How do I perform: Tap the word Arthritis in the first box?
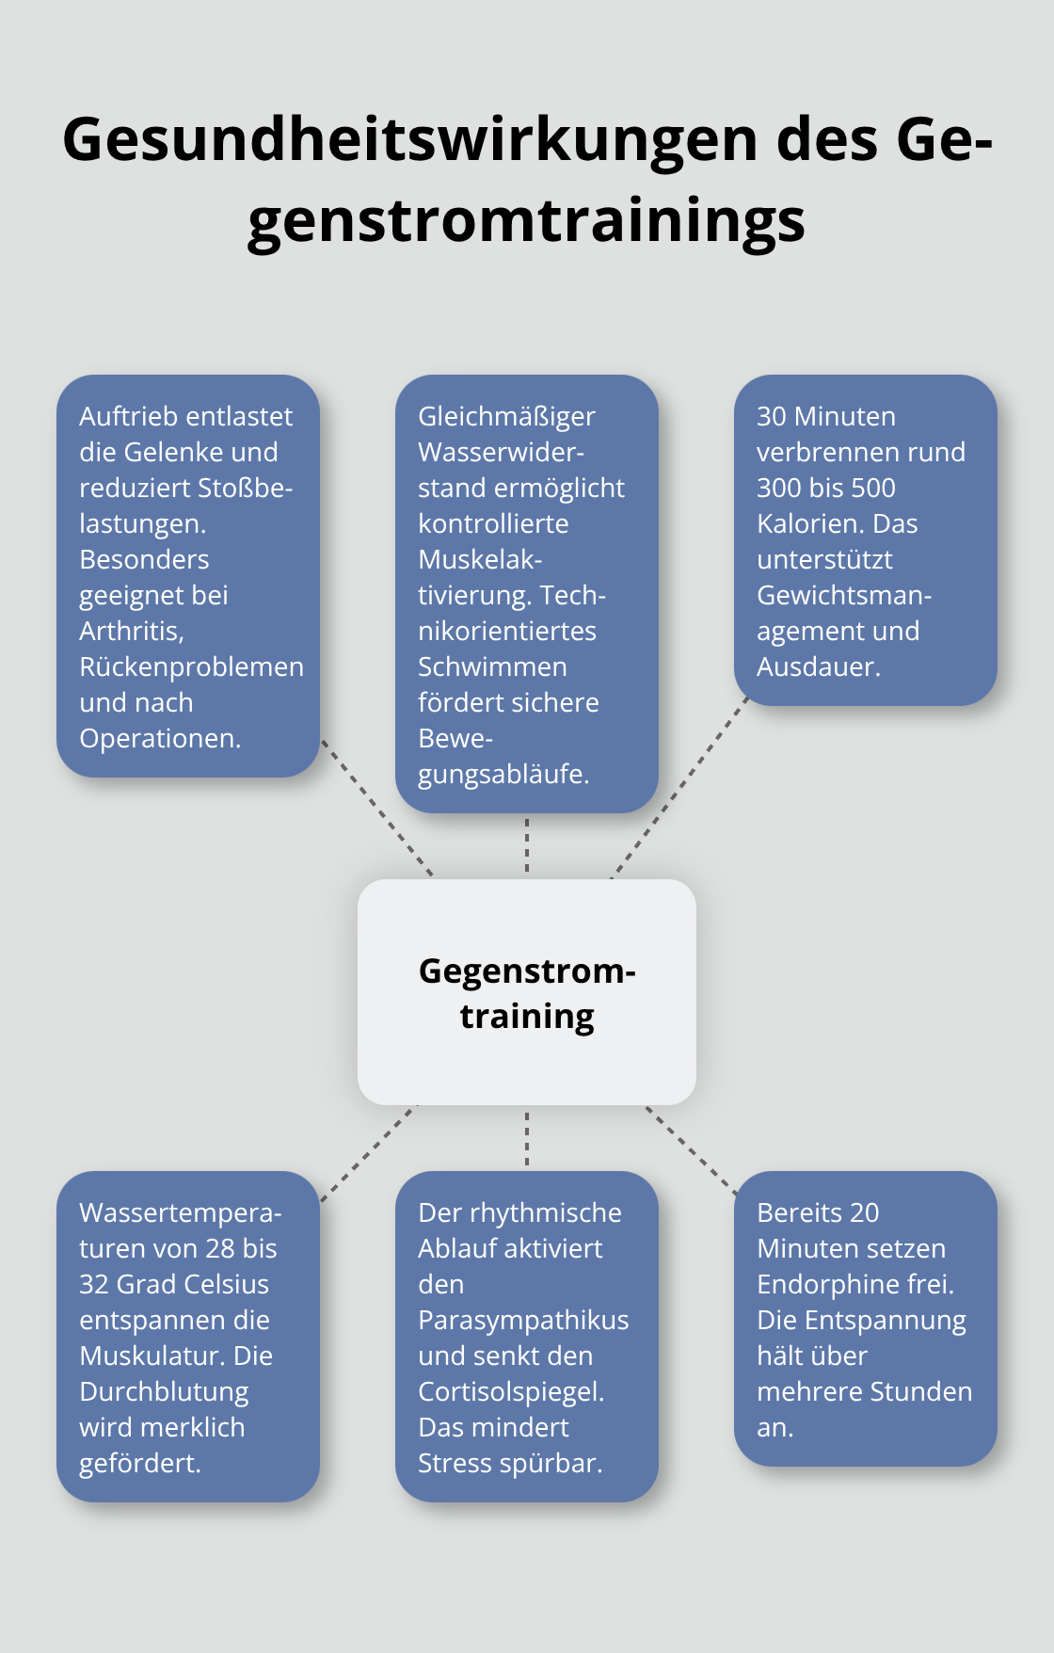[131, 631]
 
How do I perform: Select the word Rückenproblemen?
[191, 666]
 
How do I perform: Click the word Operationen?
[159, 738]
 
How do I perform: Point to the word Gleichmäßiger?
[506, 416]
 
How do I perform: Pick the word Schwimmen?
[492, 666]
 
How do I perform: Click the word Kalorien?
[810, 523]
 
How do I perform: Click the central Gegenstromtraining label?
[527, 992]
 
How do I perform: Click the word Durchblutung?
[164, 1391]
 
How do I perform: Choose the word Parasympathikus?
[523, 1320]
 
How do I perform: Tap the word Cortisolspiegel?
[510, 1391]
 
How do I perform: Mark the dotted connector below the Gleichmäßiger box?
[527, 845]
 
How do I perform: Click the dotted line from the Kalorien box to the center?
[679, 789]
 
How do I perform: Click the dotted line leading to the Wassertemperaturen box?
[367, 1154]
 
